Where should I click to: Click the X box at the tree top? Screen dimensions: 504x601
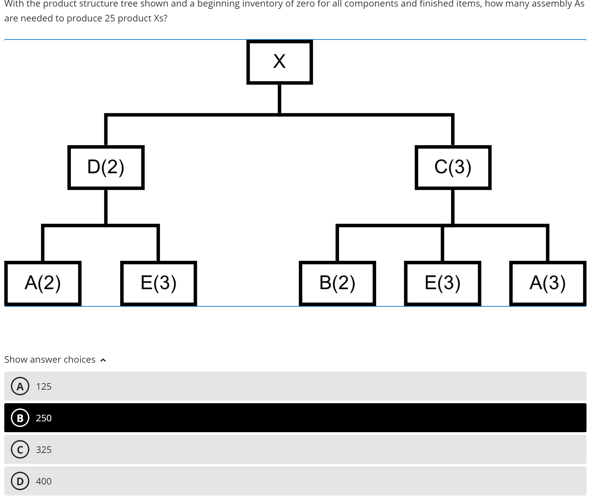point(279,62)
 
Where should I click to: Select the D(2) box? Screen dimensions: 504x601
point(106,167)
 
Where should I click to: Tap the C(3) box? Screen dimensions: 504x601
point(453,167)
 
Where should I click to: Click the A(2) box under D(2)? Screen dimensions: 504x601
point(43,283)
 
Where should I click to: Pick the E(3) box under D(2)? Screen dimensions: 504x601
point(158,283)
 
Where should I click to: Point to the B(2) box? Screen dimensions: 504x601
point(337,283)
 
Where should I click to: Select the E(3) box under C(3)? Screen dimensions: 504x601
point(442,283)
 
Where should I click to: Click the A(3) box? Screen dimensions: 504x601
point(547,283)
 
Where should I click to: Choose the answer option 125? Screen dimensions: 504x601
point(44,386)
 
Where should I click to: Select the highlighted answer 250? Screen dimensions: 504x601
point(44,418)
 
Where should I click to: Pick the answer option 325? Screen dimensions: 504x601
point(44,450)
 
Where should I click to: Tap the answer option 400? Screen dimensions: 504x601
point(44,481)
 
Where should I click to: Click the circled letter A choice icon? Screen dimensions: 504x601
point(20,386)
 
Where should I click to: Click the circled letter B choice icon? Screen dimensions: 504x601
point(20,418)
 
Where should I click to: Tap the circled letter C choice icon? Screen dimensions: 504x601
point(20,450)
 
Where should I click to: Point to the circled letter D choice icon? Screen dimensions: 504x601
point(20,481)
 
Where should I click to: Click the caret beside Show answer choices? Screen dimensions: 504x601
point(103,360)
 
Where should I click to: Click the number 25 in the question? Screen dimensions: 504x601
point(110,18)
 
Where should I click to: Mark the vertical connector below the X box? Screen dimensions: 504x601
point(279,99)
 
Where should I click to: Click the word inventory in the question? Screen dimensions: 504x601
point(262,4)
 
